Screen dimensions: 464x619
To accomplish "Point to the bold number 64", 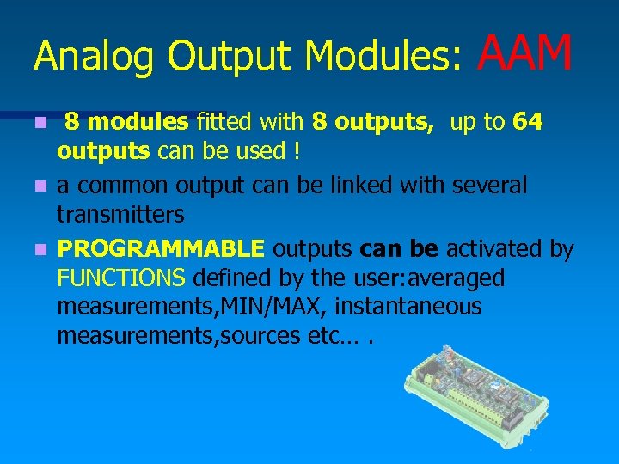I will (x=527, y=122).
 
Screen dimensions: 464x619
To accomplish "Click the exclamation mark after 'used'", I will (x=297, y=151).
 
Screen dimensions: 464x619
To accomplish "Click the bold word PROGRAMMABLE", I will (x=161, y=249).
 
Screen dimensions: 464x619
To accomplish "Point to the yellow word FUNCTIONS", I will (x=121, y=278).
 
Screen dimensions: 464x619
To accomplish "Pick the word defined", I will (x=227, y=278).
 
